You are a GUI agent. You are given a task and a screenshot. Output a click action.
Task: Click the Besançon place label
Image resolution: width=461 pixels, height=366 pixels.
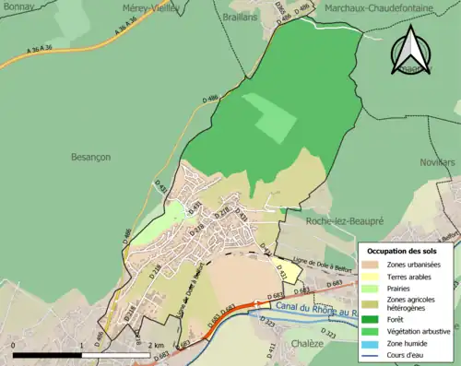click(90, 158)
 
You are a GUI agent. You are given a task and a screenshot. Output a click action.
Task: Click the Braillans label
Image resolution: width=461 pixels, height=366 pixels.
click(239, 17)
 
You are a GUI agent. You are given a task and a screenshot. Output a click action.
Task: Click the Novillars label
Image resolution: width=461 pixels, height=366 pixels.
click(438, 161)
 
